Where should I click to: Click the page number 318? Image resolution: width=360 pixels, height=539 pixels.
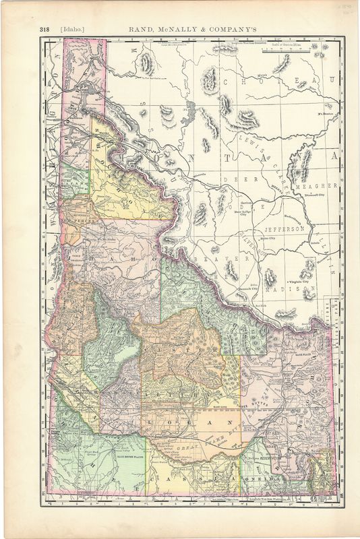(45, 29)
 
